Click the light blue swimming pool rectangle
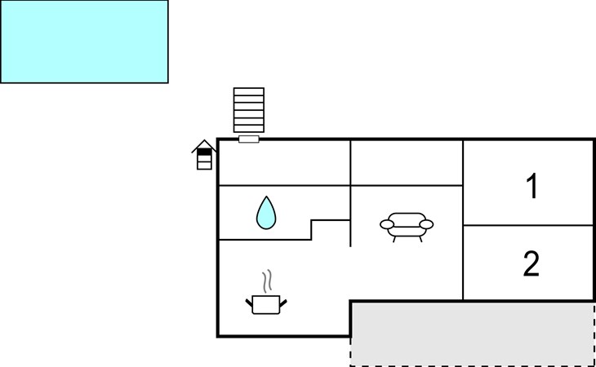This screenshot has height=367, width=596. click(84, 42)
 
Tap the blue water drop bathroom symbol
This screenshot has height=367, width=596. click(266, 213)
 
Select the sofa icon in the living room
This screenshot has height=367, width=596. click(407, 227)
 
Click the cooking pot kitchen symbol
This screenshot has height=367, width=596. click(266, 304)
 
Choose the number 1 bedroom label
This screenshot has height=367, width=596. click(532, 186)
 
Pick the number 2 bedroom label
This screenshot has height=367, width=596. click(531, 263)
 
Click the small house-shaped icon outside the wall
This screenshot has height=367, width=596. click(204, 155)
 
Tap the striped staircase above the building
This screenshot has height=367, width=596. click(249, 110)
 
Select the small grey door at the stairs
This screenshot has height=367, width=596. click(249, 139)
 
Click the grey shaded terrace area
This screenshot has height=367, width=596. click(473, 334)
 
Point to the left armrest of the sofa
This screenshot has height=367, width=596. click(387, 224)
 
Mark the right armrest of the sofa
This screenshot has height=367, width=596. click(426, 224)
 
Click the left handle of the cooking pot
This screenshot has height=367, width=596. click(249, 303)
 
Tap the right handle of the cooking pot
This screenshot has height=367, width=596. click(283, 303)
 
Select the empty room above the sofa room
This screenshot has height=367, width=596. click(407, 163)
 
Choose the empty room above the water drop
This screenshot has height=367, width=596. click(285, 163)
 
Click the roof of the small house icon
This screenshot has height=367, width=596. click(204, 145)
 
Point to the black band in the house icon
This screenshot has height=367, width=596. click(204, 152)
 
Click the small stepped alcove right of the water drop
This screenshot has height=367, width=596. click(331, 230)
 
